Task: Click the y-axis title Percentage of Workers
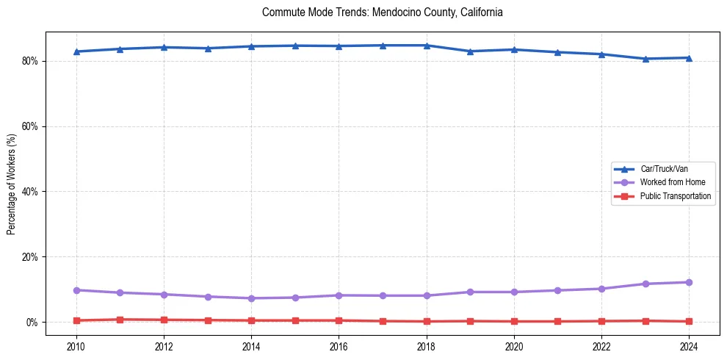coord(12,184)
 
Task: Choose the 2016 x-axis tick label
coord(339,346)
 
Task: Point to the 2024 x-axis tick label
coord(689,346)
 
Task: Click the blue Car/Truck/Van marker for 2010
coord(76,51)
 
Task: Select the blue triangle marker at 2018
coord(427,46)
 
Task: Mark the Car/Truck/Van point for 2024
coord(689,57)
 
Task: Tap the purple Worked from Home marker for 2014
coord(251,298)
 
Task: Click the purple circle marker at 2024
coord(689,282)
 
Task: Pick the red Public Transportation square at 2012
coord(164,320)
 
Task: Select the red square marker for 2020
coord(514,321)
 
